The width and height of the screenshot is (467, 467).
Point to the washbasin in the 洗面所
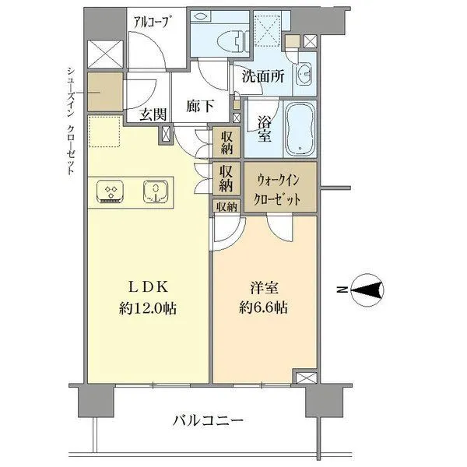(x=304, y=75)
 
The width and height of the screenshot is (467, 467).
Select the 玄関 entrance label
(x=153, y=114)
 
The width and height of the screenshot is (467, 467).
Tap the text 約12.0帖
(x=148, y=307)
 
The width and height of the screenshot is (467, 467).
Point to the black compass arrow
(x=367, y=290)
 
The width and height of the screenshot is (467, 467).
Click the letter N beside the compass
(x=340, y=290)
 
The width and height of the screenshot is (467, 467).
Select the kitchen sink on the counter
(x=156, y=191)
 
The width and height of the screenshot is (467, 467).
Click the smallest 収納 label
(x=226, y=206)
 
